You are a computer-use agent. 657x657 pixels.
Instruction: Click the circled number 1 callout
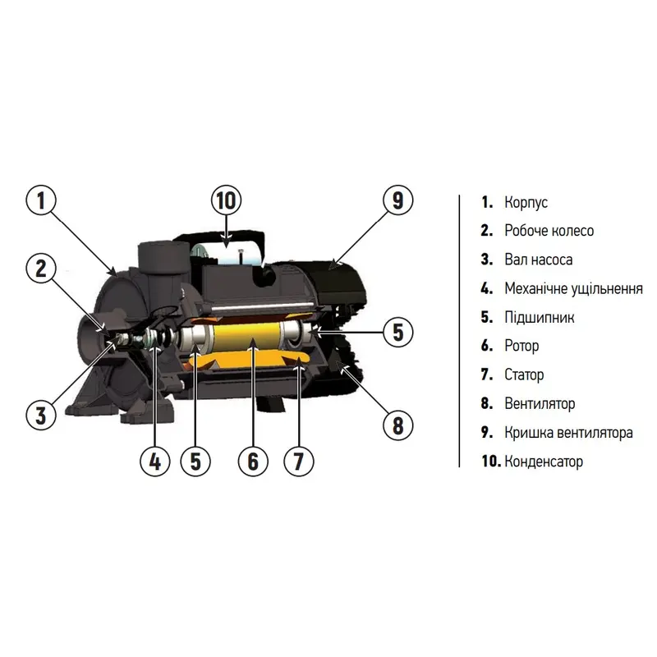pos(40,200)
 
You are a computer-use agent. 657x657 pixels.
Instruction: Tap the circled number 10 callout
pos(227,200)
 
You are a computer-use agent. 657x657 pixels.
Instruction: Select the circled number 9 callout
pos(398,200)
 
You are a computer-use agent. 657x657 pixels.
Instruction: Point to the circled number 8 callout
pos(398,425)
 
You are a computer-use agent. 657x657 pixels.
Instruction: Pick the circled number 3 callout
pos(40,415)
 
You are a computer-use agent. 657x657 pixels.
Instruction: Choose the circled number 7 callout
pos(298,462)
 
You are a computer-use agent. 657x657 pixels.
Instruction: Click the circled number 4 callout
pos(155,462)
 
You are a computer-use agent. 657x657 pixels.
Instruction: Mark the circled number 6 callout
pos(253,462)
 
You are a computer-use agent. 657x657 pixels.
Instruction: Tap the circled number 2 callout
pos(40,269)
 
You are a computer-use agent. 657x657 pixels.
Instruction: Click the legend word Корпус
pos(526,202)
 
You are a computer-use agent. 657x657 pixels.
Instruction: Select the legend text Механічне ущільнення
pos(573,289)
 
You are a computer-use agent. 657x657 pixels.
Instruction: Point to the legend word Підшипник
pos(540,317)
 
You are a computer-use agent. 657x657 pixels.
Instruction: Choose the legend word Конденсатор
pos(544,462)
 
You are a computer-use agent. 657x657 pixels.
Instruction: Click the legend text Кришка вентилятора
pos(568,433)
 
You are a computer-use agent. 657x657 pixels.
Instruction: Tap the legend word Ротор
pos(521,346)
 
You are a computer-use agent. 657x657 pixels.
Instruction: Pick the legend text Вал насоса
pos(538,260)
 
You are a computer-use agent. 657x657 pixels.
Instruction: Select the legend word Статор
pos(524,374)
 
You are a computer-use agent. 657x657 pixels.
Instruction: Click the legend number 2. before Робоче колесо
pos(486,231)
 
